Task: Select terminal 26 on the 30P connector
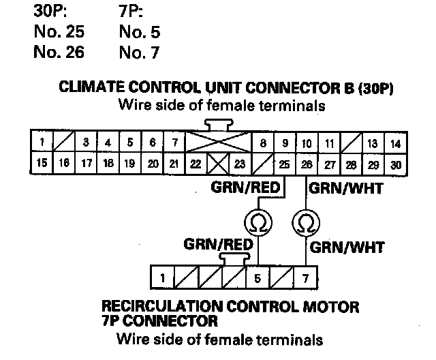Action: tap(307, 164)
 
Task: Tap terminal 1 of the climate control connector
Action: tap(42, 143)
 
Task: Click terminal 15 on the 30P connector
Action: tap(42, 164)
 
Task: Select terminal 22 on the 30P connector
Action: tap(196, 164)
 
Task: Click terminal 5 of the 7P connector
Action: tap(258, 278)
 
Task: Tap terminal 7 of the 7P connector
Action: tap(306, 278)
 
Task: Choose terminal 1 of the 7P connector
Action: tap(163, 278)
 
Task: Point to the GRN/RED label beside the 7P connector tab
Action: tap(215, 244)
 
